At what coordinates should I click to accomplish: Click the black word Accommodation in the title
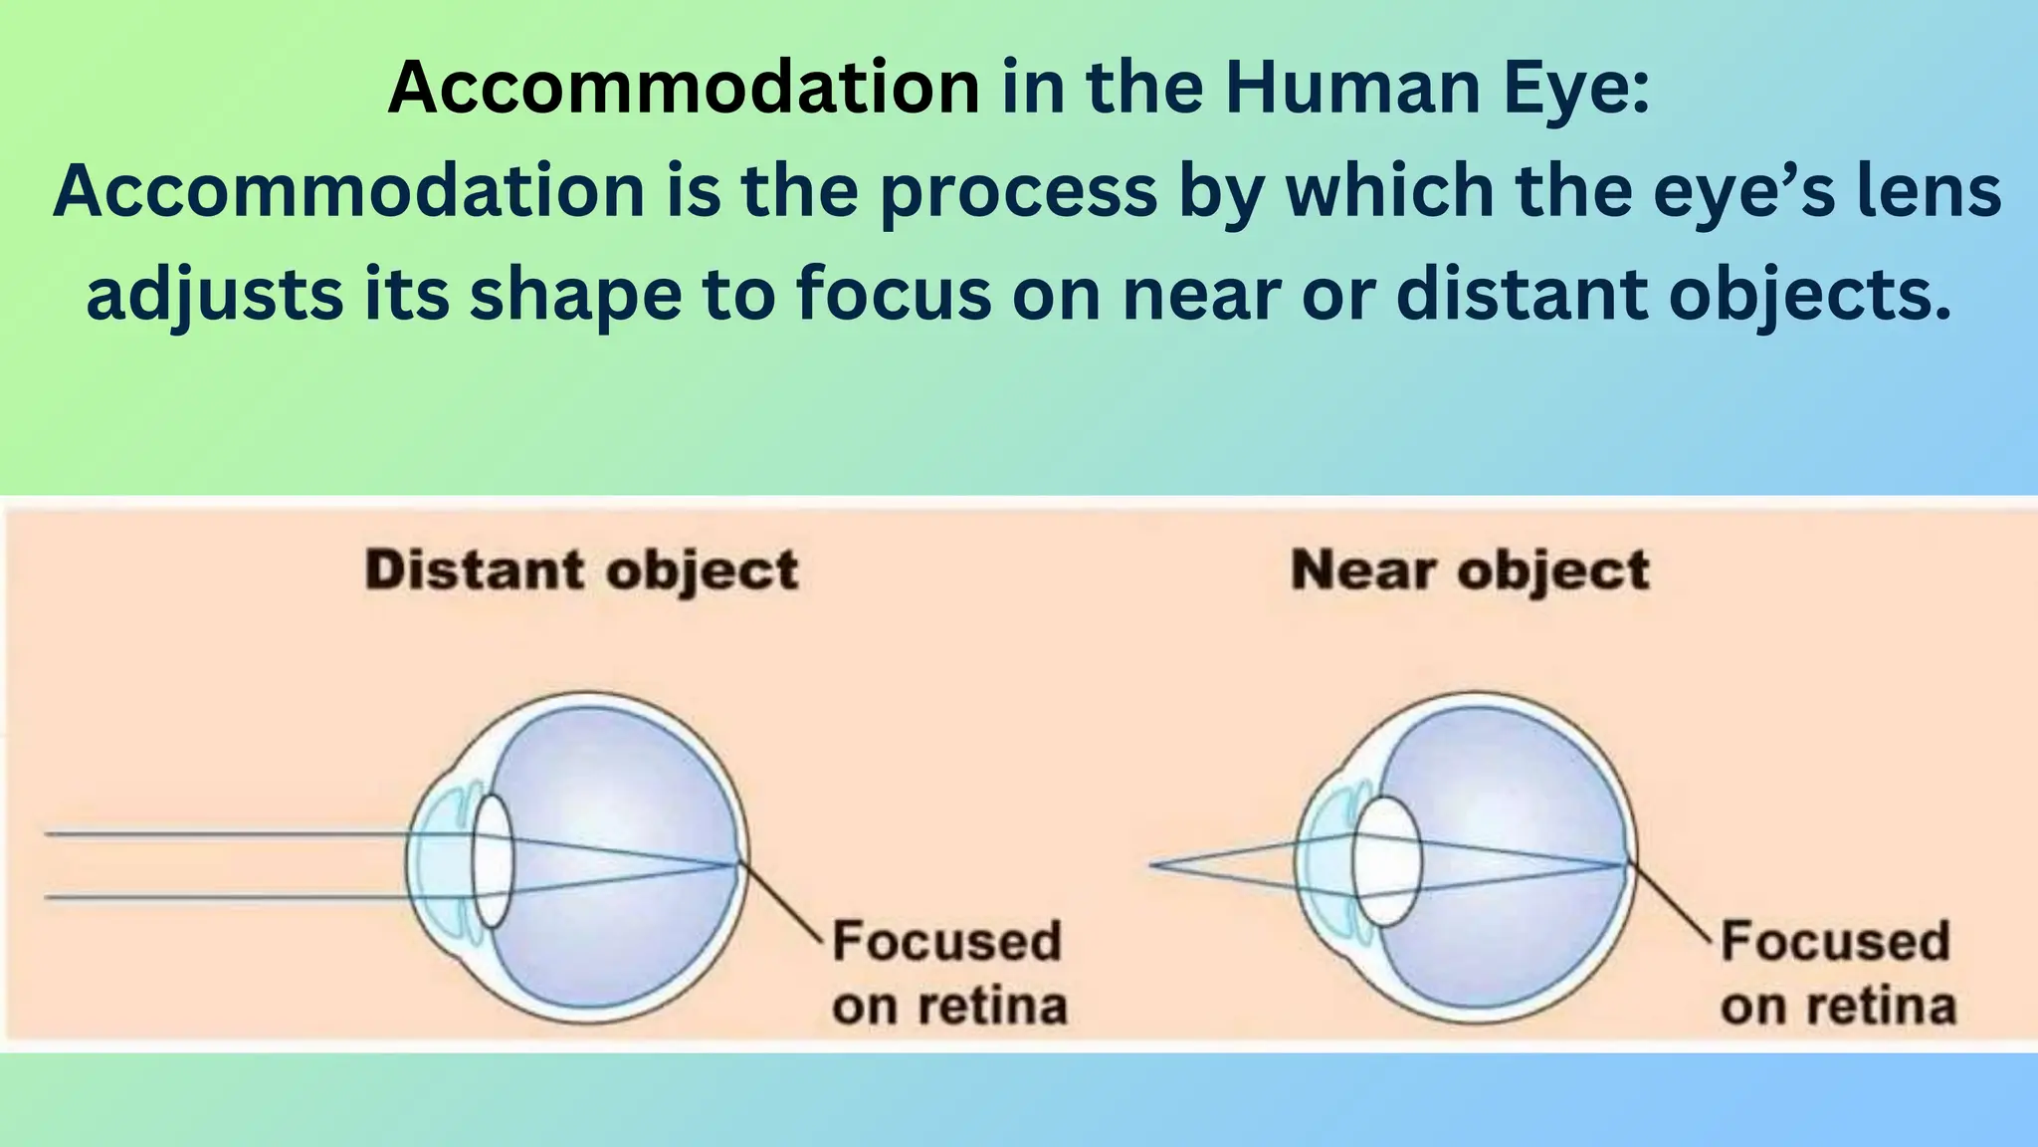click(x=684, y=88)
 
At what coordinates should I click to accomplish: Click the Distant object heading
click(x=582, y=571)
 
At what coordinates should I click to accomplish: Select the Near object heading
click(x=1470, y=571)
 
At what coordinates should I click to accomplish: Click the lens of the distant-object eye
click(x=493, y=862)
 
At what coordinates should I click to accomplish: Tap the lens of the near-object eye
click(x=1387, y=862)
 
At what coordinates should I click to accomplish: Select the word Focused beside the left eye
click(x=946, y=941)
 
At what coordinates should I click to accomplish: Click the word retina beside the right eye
click(x=1881, y=1007)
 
